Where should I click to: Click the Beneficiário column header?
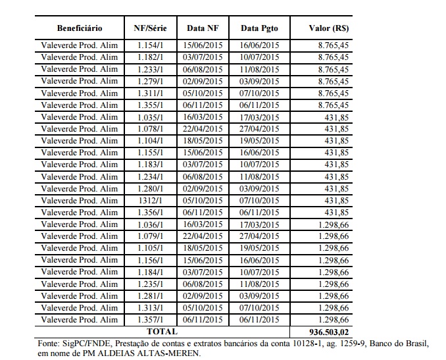click(x=80, y=28)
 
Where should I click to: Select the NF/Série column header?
click(x=149, y=28)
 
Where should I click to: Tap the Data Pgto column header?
click(x=260, y=28)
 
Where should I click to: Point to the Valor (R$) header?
click(x=329, y=28)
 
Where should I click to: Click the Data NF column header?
click(x=203, y=28)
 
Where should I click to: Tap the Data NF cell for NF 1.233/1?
click(x=203, y=70)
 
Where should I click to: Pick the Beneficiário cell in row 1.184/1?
click(x=80, y=272)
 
